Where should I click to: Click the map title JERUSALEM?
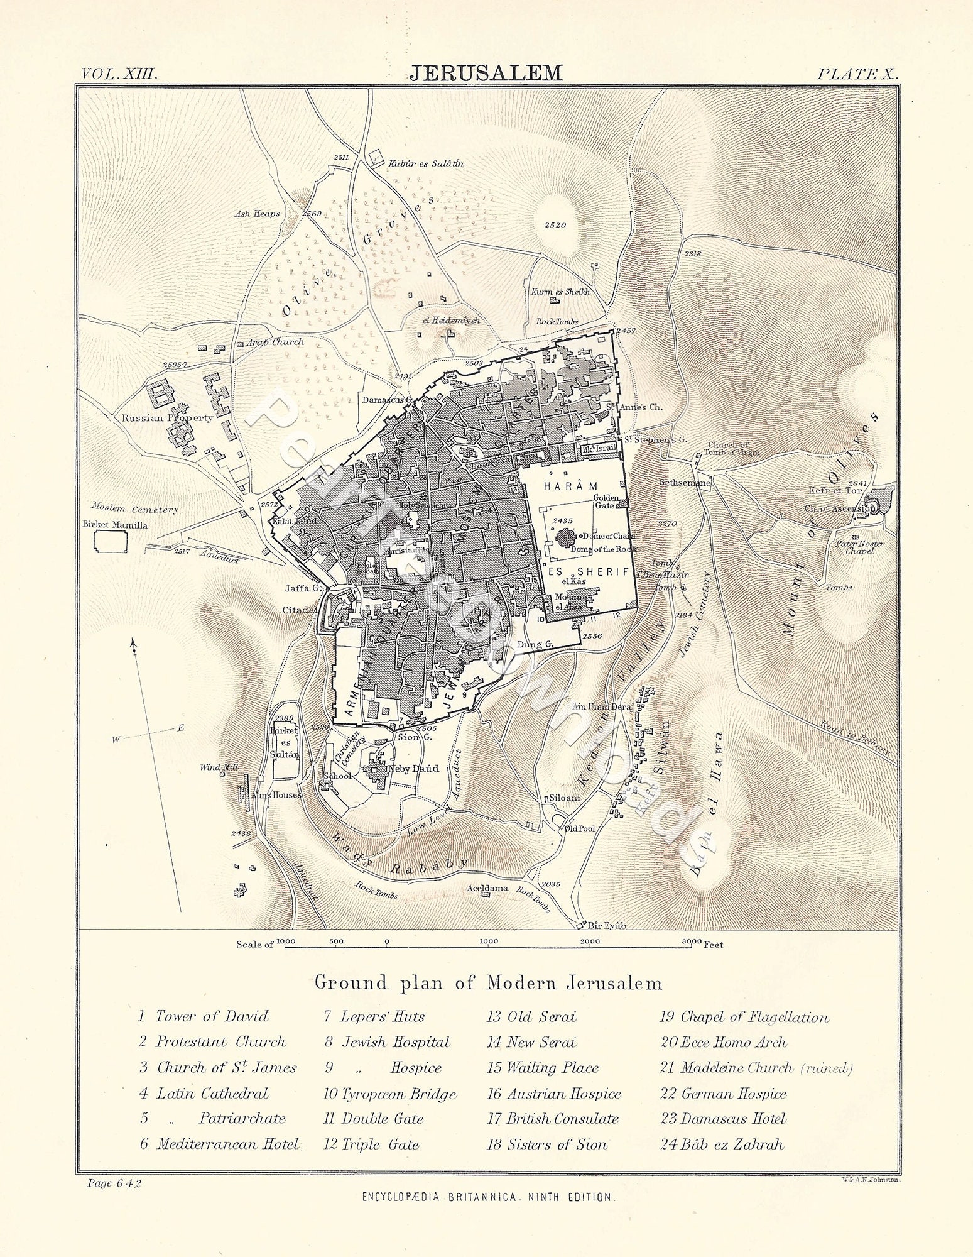(486, 73)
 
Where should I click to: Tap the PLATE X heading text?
(857, 73)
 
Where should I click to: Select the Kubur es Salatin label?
(425, 163)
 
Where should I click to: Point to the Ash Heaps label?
(257, 214)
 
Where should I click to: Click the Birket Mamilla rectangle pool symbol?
(110, 541)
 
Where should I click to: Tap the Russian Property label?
(168, 417)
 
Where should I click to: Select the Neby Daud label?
(414, 768)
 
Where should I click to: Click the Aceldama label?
(487, 888)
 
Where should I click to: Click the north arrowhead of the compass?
(133, 643)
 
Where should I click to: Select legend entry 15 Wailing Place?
(543, 1068)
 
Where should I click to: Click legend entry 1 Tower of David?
(204, 1016)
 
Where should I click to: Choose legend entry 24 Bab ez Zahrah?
(722, 1144)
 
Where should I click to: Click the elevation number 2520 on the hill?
(555, 224)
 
